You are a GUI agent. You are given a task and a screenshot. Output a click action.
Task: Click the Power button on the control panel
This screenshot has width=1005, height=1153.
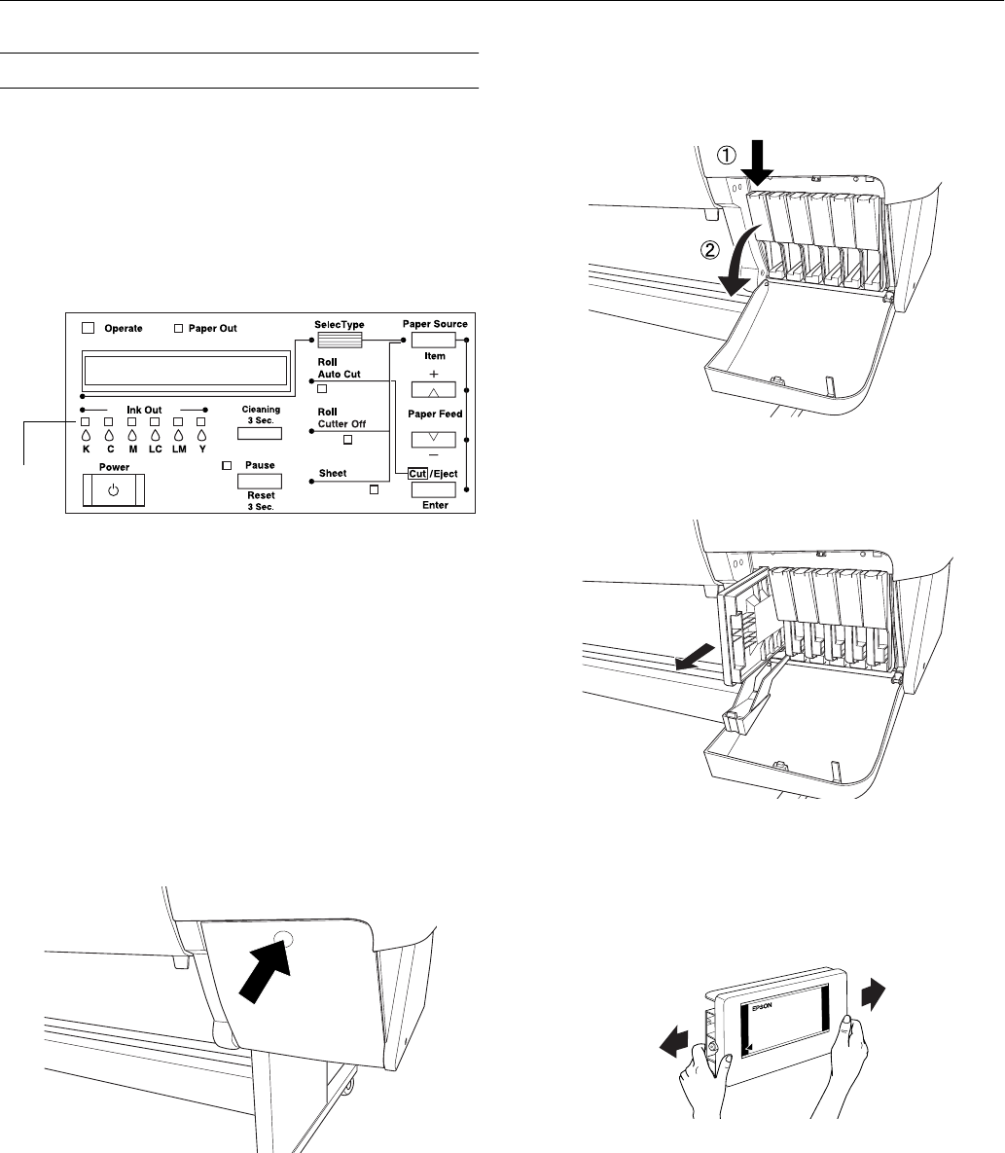point(113,490)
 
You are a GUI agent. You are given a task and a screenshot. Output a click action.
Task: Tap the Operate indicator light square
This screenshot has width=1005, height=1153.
point(90,329)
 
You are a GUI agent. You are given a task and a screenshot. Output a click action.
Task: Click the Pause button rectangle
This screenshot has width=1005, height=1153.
point(260,481)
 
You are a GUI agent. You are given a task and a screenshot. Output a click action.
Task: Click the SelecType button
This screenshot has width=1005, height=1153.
point(340,340)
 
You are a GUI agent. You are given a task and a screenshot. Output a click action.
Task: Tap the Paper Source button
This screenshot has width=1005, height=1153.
point(434,340)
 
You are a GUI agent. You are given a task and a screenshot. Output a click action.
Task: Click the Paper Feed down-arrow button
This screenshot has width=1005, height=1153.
point(434,439)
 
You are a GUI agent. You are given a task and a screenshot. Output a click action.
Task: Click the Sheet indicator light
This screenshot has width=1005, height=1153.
point(373,489)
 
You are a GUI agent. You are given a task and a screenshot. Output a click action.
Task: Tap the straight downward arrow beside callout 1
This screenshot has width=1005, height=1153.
point(761,161)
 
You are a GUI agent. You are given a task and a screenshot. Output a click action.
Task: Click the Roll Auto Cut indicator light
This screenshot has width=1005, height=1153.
point(322,388)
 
